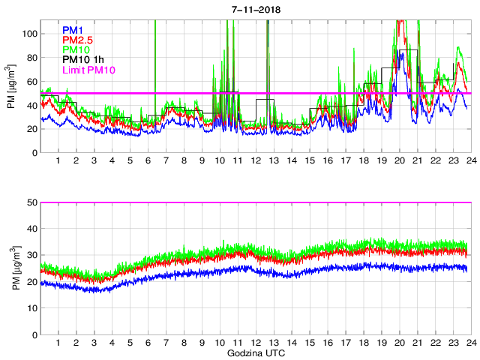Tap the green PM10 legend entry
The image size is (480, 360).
(x=76, y=50)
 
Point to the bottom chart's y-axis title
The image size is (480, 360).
(x=11, y=268)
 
